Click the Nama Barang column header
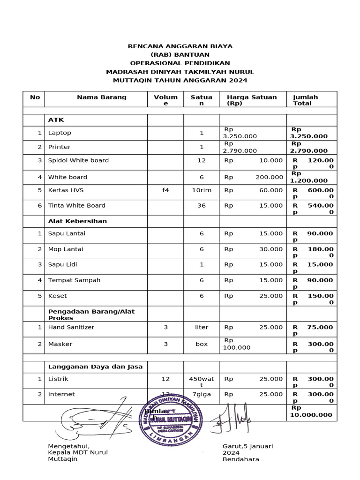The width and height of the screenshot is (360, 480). [102, 97]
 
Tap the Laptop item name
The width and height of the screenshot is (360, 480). [60, 133]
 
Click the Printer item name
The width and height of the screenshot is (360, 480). [60, 147]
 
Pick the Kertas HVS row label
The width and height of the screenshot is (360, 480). [66, 190]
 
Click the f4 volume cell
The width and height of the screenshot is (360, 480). [165, 190]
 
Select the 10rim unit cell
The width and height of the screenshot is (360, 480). [202, 190]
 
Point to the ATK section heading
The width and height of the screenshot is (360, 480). [56, 120]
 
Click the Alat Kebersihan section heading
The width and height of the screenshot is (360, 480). [77, 221]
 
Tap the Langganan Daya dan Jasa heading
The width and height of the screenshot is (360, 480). [95, 366]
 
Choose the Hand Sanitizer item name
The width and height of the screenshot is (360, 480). [71, 327]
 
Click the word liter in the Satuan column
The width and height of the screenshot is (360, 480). [202, 327]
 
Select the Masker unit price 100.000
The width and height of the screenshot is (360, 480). [237, 348]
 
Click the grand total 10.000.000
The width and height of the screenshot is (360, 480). [312, 414]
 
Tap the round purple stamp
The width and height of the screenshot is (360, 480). [172, 422]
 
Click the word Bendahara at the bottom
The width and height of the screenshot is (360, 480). [241, 459]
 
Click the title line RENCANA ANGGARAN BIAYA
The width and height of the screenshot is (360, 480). [180, 46]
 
